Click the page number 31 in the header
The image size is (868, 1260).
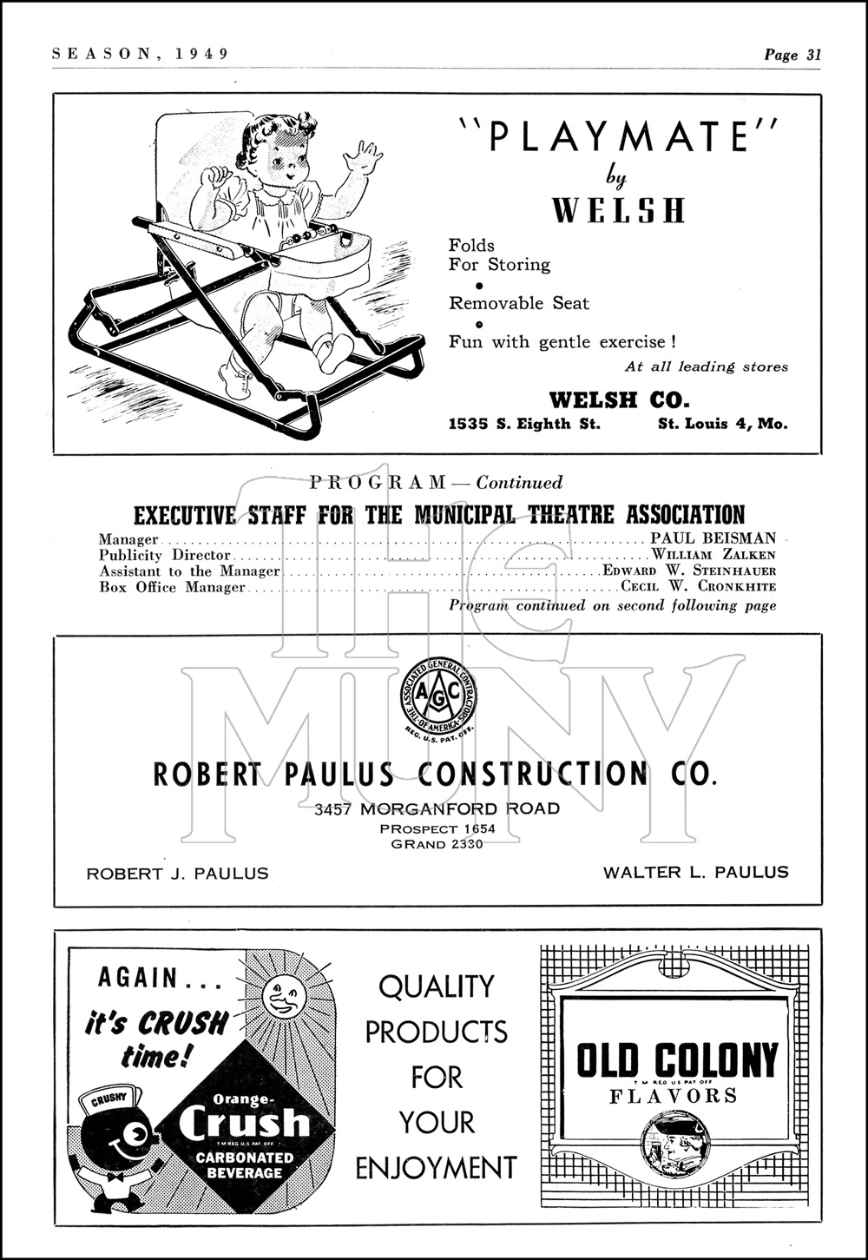[813, 55]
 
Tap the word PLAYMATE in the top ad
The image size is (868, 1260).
[618, 137]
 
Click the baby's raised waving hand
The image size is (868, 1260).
[362, 159]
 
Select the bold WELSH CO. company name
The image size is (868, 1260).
[619, 400]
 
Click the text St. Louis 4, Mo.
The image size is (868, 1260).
[723, 425]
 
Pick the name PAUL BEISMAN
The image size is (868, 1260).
[720, 538]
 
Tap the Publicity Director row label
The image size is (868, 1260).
[165, 555]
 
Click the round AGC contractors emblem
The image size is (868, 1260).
[438, 696]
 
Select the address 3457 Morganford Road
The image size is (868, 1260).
[437, 809]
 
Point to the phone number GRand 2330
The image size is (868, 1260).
[437, 844]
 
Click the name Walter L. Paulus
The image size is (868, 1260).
[696, 872]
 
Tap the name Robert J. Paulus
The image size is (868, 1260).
[177, 874]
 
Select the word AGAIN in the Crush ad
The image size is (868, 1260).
[138, 979]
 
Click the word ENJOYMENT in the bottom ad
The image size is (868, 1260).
[436, 1168]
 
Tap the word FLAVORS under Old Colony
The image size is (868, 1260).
[673, 1096]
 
